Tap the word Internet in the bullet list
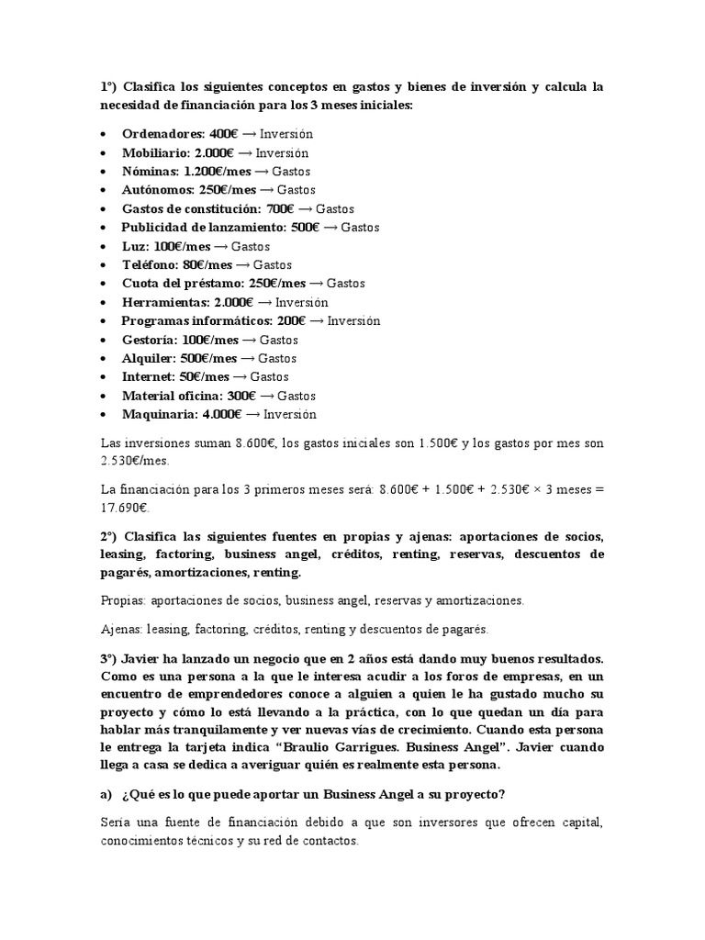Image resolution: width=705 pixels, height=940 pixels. (x=147, y=376)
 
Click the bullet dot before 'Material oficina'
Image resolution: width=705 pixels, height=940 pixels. (x=106, y=396)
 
